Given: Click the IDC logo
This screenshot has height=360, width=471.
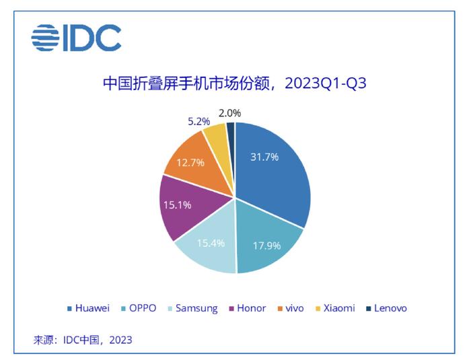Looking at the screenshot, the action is coord(76,38).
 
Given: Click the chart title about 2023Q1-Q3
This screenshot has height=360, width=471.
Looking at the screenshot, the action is coord(235,83).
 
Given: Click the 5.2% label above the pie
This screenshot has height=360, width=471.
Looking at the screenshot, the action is coord(199,122).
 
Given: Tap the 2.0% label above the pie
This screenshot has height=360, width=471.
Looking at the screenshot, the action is coord(230,113).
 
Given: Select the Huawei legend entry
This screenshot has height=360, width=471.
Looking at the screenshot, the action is coord(88,308).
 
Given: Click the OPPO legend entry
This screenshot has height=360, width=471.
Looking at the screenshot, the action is coord(139,308).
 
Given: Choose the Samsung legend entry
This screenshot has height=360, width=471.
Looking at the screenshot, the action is coord(192,309).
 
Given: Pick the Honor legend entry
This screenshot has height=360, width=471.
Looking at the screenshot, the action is coord(248,308).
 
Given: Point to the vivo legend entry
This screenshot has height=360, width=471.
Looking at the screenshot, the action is coord(291,308).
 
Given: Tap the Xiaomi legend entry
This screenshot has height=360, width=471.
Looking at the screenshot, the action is coord(335,308).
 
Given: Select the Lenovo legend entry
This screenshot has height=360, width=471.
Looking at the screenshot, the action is coord(387,308).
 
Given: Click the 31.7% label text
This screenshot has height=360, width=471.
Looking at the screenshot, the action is coord(264,157).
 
